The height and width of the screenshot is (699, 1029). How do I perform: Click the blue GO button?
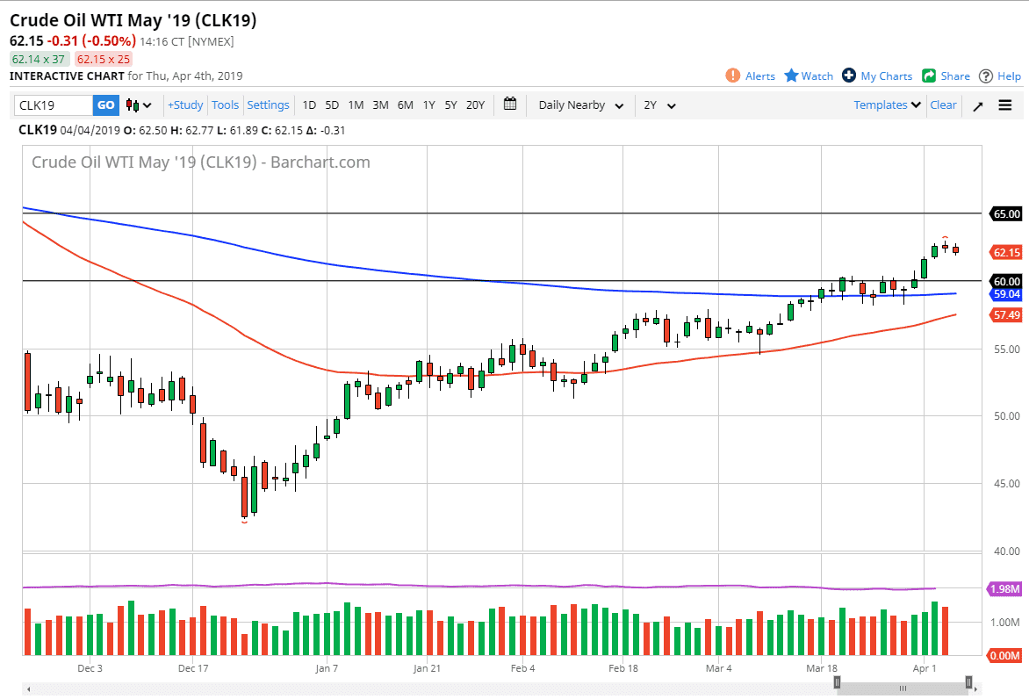click(105, 105)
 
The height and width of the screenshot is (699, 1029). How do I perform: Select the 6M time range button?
click(405, 105)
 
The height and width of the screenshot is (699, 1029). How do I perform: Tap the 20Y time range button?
click(475, 105)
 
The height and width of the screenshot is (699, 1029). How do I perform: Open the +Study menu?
click(185, 105)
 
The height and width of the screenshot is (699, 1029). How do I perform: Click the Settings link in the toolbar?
click(268, 105)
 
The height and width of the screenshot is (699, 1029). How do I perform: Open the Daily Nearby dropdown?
click(580, 105)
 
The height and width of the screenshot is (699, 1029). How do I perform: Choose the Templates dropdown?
click(887, 105)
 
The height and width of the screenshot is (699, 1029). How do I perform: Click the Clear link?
click(943, 105)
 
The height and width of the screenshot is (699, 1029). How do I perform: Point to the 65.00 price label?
click(1005, 213)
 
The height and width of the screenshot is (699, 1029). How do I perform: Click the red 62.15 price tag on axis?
click(1005, 253)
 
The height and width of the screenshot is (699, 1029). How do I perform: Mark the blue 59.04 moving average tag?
click(1005, 294)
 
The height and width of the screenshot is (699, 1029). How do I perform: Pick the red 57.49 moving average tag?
click(1005, 314)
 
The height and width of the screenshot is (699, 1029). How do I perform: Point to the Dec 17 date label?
click(192, 668)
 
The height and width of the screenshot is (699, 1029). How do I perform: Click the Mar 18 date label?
click(822, 668)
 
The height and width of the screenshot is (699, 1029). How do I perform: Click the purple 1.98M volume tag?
click(1005, 589)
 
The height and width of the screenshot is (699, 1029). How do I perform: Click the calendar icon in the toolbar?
click(510, 104)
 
